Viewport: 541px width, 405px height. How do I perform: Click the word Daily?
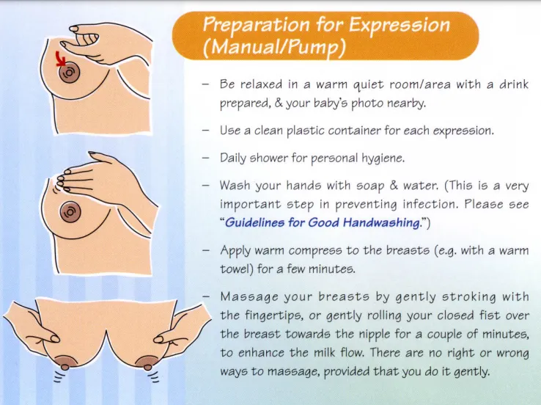point(235,158)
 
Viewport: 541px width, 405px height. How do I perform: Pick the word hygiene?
point(384,158)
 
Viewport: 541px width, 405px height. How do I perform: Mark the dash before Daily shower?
point(207,158)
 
